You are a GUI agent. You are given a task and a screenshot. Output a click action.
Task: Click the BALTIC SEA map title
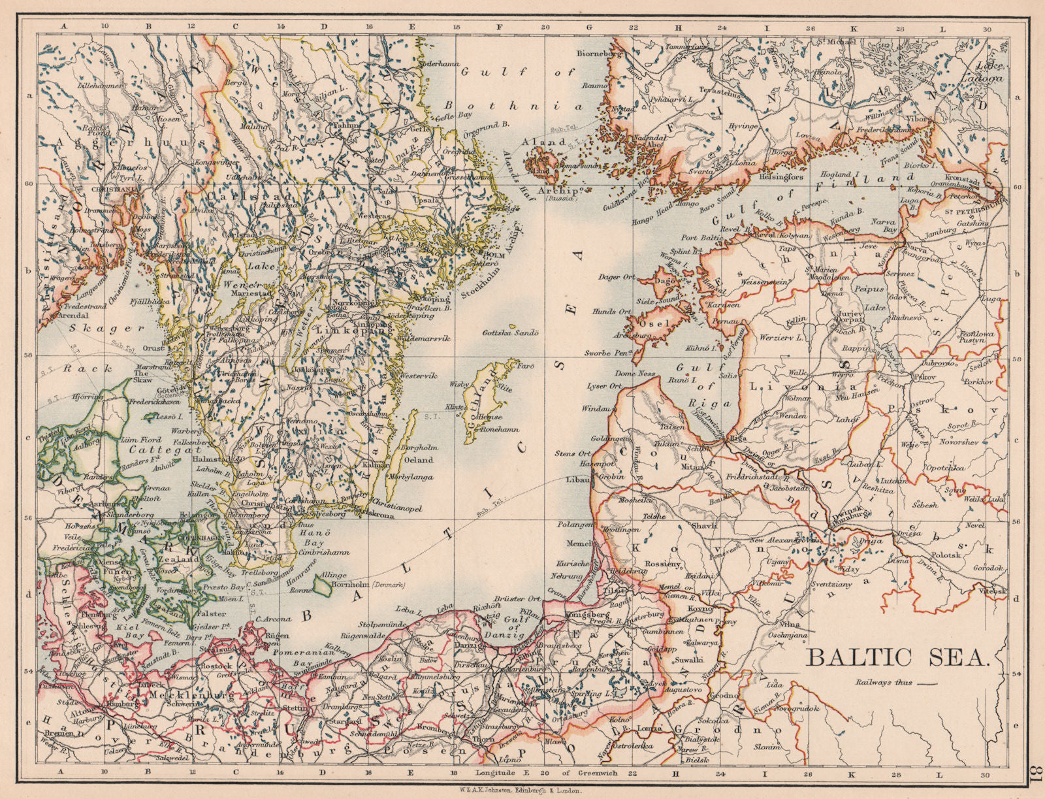tap(897, 657)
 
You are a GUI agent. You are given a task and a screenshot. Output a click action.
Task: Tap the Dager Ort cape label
tap(616, 277)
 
